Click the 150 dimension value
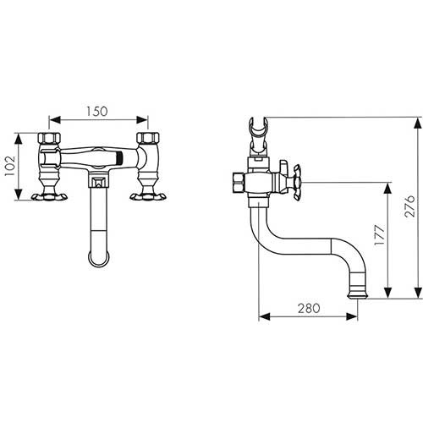[96, 112]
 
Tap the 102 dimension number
[10, 166]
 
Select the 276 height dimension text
[409, 206]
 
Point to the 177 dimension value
[379, 235]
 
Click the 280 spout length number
[309, 308]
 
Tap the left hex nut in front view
[49, 138]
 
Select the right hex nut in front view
[148, 138]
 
